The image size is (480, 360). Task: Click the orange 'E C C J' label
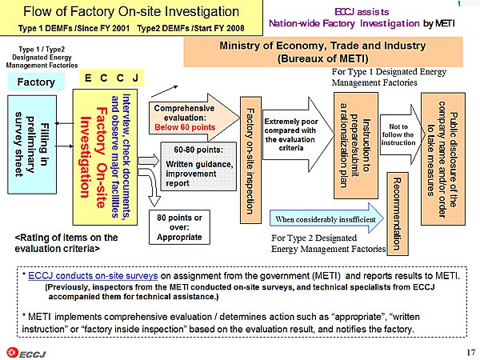pyautogui.click(x=114, y=77)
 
